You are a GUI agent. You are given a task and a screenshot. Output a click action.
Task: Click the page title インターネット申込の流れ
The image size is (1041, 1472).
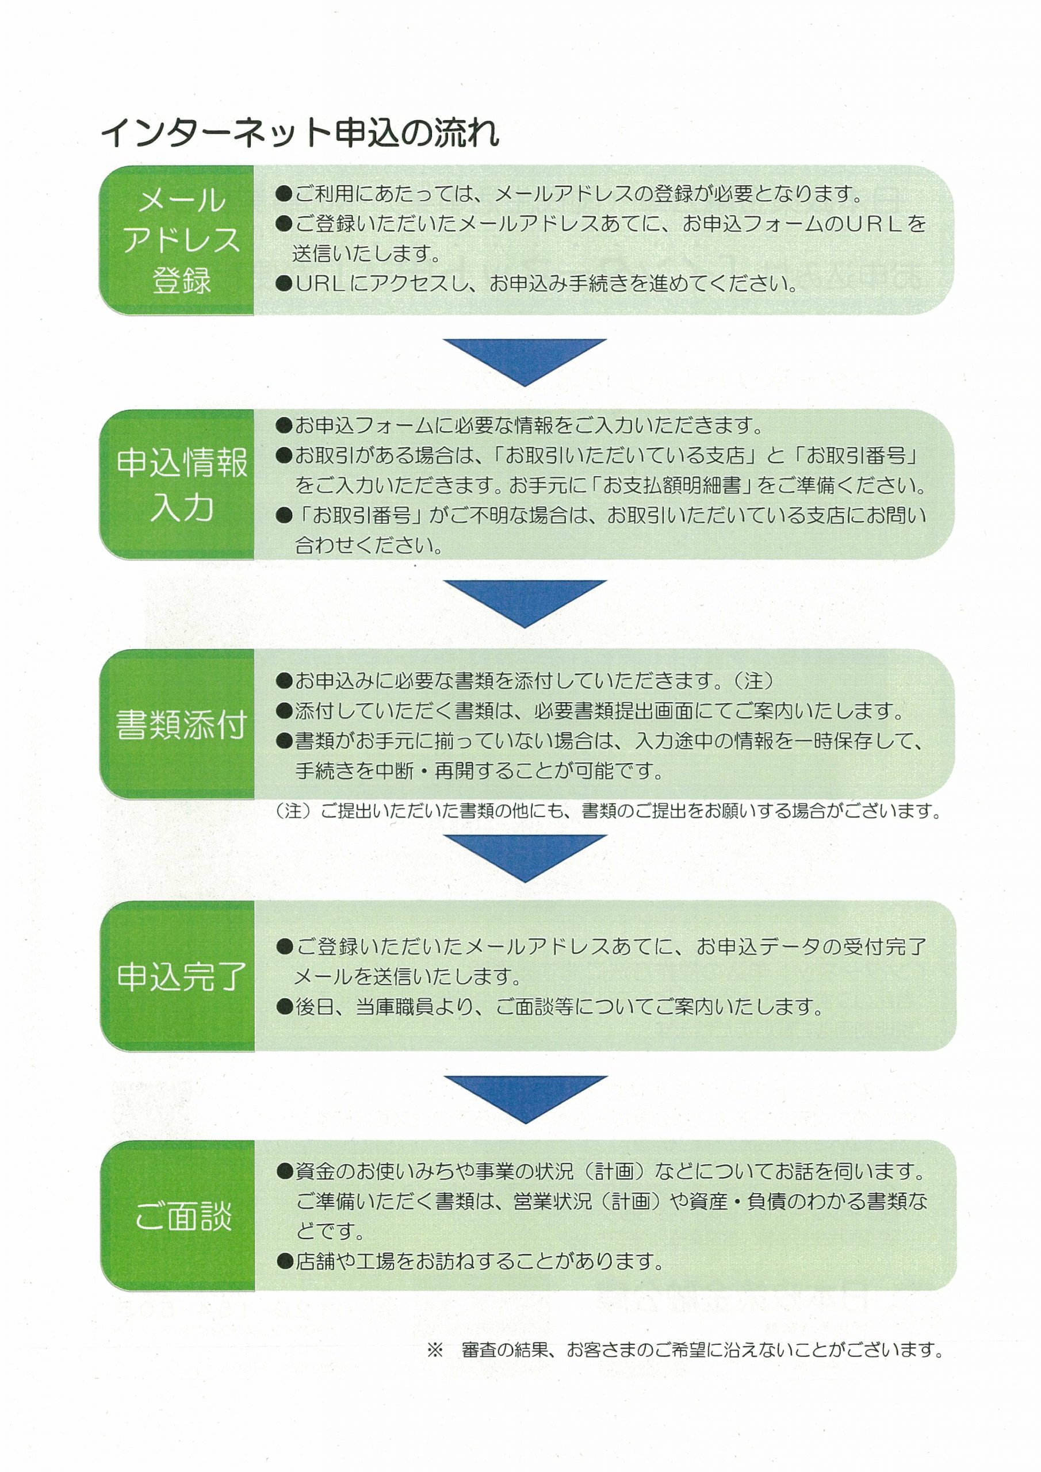pos(300,133)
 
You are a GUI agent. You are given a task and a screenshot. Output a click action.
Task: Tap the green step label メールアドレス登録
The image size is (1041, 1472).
pos(182,240)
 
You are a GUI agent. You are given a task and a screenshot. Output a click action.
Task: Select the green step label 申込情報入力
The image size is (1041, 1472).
pos(182,485)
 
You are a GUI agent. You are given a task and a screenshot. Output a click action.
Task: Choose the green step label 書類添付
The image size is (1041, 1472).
pos(182,725)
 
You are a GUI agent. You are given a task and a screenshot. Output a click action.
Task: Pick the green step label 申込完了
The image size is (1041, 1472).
pos(182,976)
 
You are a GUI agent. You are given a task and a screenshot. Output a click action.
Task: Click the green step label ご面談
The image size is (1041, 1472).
pos(183,1216)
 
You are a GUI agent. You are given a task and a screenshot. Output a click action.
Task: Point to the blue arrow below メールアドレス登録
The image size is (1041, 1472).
pos(525,362)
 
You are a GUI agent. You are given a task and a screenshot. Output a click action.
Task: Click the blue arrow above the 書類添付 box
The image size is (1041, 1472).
pos(525,604)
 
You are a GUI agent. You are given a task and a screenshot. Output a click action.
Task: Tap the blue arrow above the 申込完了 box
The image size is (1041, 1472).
pos(525,858)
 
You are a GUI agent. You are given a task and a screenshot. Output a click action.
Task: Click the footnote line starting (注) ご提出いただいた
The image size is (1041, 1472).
pos(608,811)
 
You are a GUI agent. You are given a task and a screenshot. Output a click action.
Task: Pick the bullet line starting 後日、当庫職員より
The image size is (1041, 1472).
pos(549,1007)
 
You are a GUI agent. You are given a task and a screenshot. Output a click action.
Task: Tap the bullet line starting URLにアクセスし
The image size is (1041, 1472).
pos(536,283)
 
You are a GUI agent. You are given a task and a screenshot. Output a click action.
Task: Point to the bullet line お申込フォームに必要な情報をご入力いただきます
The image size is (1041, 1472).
pos(519,425)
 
